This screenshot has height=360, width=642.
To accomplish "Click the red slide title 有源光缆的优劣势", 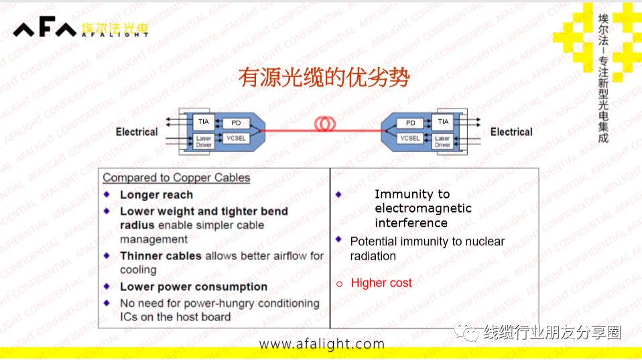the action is (324, 78).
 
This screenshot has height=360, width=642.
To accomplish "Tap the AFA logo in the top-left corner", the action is (45, 29).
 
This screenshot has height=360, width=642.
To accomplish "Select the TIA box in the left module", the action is (203, 121).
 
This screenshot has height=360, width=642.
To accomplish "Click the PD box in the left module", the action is (236, 123).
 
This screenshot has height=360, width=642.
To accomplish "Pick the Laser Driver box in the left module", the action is (204, 142).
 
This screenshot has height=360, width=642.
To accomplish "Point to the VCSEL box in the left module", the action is (236, 139).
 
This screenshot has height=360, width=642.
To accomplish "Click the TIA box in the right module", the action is (443, 121).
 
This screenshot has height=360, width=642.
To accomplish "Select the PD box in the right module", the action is (410, 123).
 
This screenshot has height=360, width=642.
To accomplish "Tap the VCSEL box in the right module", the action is (410, 139).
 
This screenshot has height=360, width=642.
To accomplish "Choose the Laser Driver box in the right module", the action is (442, 142).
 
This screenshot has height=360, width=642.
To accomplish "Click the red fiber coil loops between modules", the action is (325, 123).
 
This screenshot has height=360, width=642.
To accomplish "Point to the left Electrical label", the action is (137, 132).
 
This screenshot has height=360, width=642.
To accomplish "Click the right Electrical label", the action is (511, 132).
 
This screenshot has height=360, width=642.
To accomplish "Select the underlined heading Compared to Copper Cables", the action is (176, 178).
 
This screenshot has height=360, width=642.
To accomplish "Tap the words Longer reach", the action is (156, 195).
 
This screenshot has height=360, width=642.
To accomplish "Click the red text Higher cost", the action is (381, 283).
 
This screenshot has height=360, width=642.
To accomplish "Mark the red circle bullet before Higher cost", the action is (339, 284).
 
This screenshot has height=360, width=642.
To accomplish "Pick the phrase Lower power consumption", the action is (194, 287).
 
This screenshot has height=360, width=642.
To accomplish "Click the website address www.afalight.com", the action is (322, 344).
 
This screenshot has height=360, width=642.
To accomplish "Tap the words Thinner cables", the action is (161, 256).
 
